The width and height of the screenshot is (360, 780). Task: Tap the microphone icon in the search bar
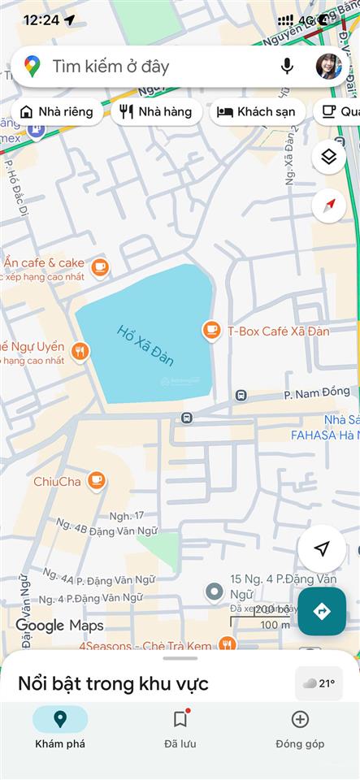287,67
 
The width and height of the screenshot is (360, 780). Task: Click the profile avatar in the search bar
328,67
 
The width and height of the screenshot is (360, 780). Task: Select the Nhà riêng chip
57,112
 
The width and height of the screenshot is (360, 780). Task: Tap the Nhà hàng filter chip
156,112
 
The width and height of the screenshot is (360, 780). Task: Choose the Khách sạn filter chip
257,112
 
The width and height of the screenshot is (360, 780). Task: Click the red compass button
328,205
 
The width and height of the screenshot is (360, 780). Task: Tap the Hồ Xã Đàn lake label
145,344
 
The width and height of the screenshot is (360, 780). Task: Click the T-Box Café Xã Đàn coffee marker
211,330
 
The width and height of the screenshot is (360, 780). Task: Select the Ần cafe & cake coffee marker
99,266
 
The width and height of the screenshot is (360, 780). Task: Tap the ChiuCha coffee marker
97,481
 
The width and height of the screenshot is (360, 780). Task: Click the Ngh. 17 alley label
127,515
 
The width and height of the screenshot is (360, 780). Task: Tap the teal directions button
322,611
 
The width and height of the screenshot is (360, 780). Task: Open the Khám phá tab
60,727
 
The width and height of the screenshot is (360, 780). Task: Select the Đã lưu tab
180,727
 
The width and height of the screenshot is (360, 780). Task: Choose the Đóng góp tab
300,727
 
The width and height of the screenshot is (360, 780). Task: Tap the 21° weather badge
319,683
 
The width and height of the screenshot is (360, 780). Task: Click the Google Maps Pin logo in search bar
33,67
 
